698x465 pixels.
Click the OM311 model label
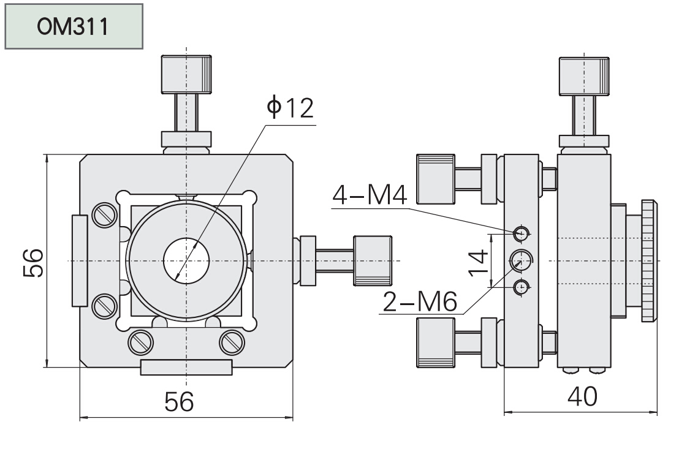tap(73, 26)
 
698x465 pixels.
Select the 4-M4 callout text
tap(370, 195)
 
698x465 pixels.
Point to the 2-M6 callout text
tap(420, 302)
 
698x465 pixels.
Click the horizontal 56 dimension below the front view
tap(179, 401)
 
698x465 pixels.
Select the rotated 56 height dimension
tap(33, 262)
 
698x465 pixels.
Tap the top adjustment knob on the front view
tap(186, 74)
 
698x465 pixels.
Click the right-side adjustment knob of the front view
tap(373, 260)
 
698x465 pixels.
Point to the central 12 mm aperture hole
tap(186, 260)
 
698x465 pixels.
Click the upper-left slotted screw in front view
tap(104, 215)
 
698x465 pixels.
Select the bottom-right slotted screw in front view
tap(232, 342)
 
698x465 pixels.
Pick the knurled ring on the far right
tap(648, 260)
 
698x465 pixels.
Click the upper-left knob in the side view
tap(435, 179)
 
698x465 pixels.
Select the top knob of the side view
tap(583, 76)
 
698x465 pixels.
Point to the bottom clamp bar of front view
tap(186, 368)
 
